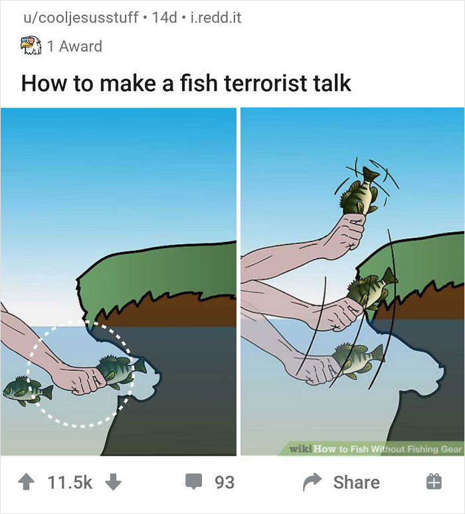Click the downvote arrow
[x=114, y=482]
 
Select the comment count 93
[x=225, y=482]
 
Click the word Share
[x=357, y=482]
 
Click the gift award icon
[x=433, y=482]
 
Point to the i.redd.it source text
[x=215, y=17]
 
